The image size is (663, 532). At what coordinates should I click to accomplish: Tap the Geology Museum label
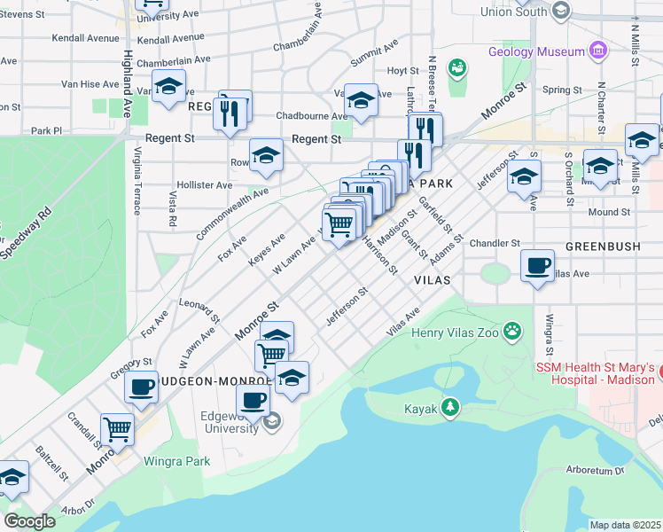click(x=535, y=51)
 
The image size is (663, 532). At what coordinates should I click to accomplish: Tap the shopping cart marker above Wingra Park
click(x=117, y=429)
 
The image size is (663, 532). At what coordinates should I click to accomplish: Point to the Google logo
click(x=29, y=521)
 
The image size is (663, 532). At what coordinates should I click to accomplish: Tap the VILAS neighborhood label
click(x=433, y=279)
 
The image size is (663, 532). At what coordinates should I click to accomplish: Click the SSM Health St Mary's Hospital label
click(x=596, y=373)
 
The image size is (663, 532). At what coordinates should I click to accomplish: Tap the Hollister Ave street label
click(x=205, y=185)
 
